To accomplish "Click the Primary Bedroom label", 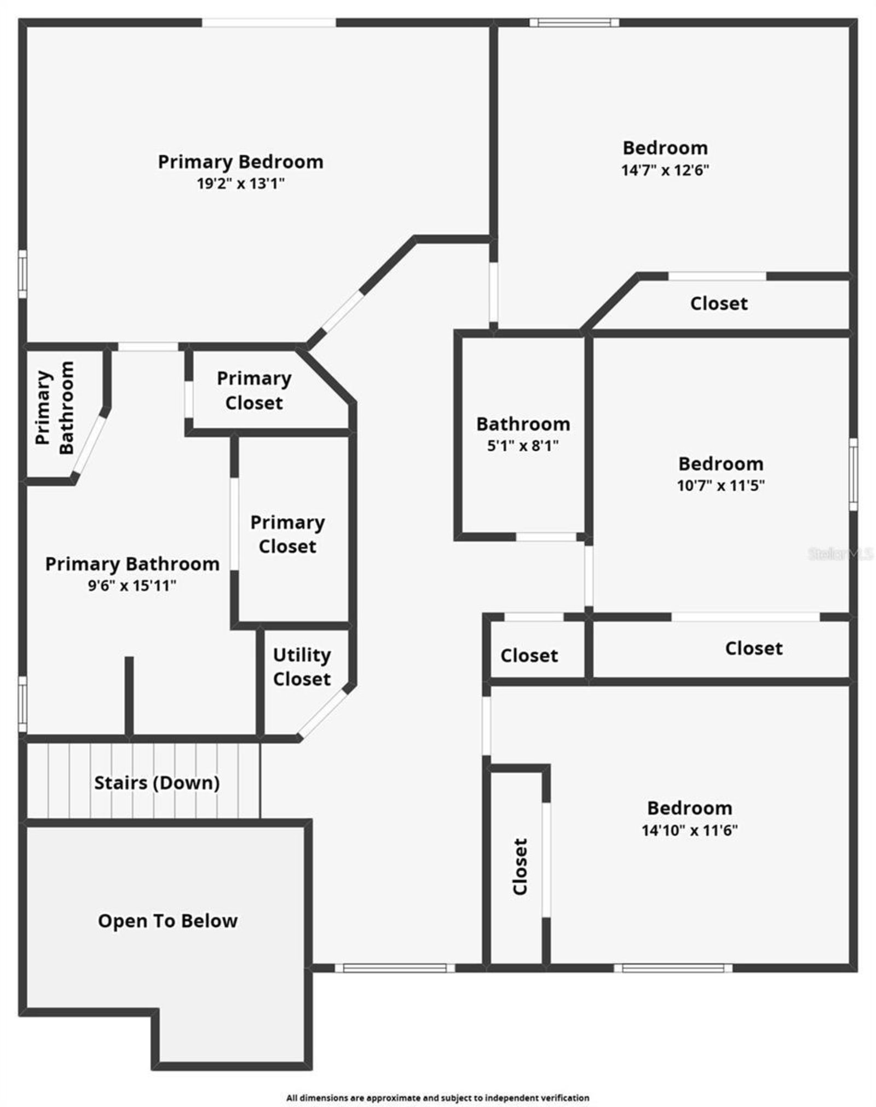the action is click(x=240, y=162).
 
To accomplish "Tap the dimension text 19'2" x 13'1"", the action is click(x=241, y=183).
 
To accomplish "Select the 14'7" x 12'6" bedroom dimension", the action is click(x=665, y=170).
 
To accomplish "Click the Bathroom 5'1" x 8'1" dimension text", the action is click(x=523, y=445).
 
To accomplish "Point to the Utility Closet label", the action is click(x=302, y=667).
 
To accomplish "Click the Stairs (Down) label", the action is click(x=157, y=783).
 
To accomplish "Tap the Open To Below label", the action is click(x=168, y=921).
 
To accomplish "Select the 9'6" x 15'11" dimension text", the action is click(x=132, y=586).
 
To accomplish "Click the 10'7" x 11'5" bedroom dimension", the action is click(x=721, y=485).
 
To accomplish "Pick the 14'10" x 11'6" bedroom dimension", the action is click(x=689, y=830).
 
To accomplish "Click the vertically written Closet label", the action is click(x=520, y=867).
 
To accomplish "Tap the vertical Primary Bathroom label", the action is click(x=54, y=408).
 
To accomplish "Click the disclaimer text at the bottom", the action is click(x=437, y=1082).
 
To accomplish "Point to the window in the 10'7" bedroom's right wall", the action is click(x=853, y=474).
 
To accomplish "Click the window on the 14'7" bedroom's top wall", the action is click(x=574, y=22).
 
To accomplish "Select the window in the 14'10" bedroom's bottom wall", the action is click(x=673, y=968).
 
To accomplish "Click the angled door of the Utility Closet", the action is click(x=323, y=714).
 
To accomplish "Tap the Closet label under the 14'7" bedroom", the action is click(x=718, y=303).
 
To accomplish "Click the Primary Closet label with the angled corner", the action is click(x=254, y=391).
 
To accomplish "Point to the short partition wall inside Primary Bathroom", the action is click(x=129, y=696).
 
